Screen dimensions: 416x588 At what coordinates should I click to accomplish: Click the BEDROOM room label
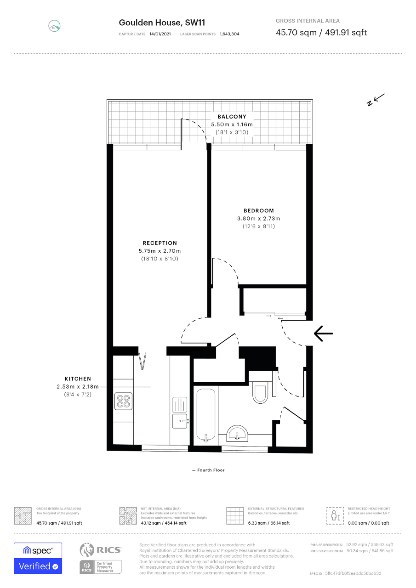point(259,210)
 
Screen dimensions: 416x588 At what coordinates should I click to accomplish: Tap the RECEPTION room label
point(160,243)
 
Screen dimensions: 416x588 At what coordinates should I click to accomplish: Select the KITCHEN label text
point(78,379)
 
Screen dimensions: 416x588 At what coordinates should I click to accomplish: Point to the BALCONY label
point(232,117)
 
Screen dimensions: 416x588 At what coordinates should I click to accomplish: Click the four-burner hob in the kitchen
point(124,401)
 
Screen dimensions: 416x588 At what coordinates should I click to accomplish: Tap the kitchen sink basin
point(180,421)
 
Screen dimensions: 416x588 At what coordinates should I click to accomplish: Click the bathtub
point(206,415)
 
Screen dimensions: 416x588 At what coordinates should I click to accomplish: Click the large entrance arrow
point(323,334)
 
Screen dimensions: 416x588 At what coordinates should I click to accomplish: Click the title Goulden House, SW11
point(162,23)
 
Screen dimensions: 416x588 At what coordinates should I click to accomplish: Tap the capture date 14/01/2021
point(160,34)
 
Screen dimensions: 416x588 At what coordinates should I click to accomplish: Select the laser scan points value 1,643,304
point(229,34)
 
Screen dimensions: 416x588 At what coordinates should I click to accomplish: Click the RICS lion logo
point(87,550)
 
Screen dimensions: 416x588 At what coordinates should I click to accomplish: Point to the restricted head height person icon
point(335,515)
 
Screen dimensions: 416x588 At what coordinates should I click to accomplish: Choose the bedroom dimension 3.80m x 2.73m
point(259,218)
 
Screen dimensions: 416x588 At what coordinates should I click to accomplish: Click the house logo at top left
point(54,26)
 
